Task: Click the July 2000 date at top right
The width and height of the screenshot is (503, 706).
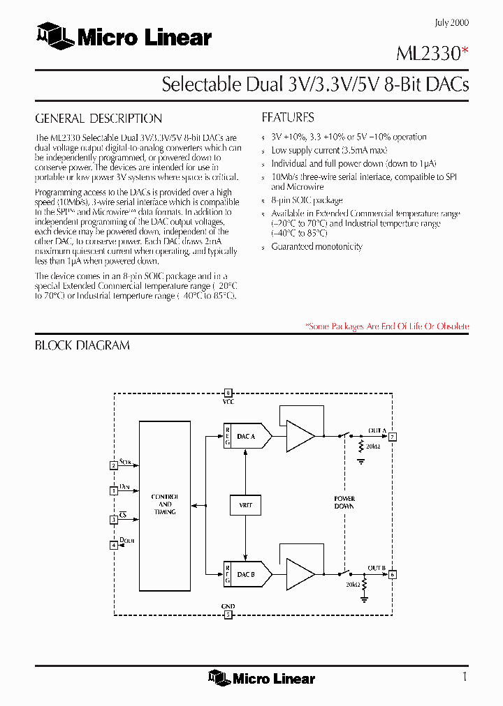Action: click(451, 22)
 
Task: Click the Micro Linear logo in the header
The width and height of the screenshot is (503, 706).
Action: click(124, 37)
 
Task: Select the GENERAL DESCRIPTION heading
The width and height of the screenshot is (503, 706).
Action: click(99, 119)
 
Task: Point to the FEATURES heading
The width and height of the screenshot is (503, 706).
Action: click(288, 117)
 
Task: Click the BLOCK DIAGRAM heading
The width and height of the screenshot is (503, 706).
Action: click(82, 345)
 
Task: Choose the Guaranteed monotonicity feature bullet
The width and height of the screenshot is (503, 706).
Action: click(316, 247)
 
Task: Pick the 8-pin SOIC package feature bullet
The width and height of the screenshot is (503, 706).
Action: click(307, 201)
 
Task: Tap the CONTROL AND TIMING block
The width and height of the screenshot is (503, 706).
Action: click(165, 504)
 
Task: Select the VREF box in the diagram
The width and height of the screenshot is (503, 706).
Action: click(245, 504)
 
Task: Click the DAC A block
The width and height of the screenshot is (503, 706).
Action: click(247, 436)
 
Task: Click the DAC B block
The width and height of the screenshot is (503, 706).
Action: click(247, 575)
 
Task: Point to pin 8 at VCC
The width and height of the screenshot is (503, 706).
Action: click(228, 393)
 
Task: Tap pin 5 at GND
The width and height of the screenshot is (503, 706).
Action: click(228, 615)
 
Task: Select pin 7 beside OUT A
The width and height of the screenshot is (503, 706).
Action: click(393, 437)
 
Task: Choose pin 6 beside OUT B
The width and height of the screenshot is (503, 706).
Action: click(393, 575)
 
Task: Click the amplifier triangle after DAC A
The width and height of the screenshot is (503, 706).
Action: click(300, 436)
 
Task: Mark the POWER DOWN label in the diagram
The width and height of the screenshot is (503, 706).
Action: click(344, 502)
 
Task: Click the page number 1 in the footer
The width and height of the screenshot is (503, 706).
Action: click(465, 677)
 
